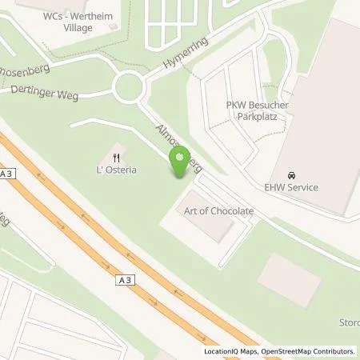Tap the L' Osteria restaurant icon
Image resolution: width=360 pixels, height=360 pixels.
pos(117,157)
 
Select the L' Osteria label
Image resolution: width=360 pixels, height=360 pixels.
pos(117,170)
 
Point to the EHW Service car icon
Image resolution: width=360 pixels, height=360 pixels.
pos(291,174)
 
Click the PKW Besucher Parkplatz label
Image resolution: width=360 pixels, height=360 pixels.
pos(257,110)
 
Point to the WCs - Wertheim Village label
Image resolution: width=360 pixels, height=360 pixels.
pos(71,22)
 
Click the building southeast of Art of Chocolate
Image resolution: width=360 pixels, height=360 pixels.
pos(290,278)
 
